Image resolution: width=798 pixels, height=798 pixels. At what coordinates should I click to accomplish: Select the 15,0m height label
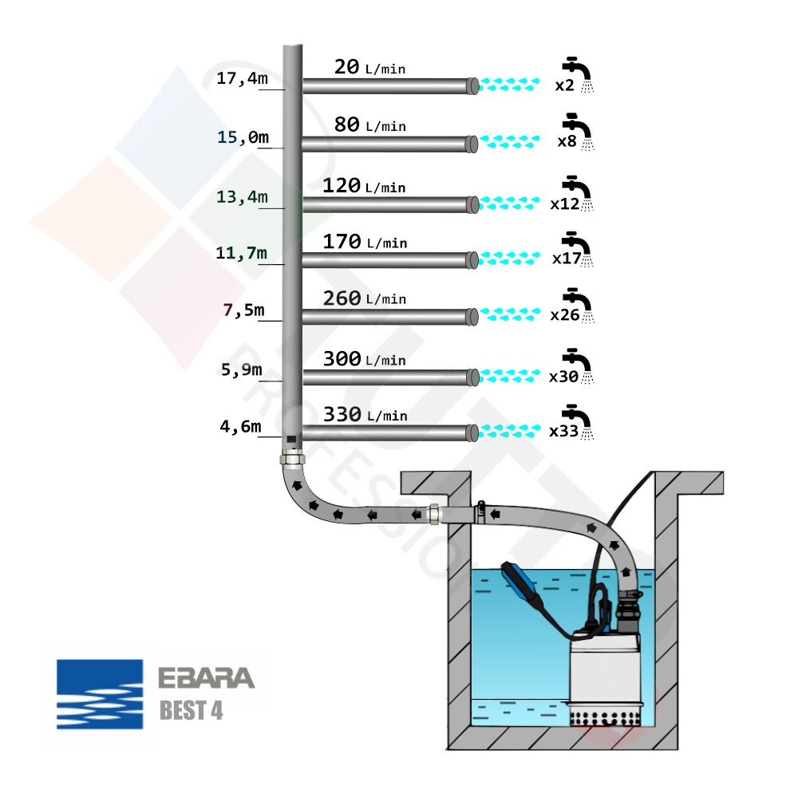[243, 137]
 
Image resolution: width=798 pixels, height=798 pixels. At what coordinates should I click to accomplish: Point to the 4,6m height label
[240, 427]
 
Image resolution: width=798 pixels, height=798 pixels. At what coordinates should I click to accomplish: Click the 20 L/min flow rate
[369, 67]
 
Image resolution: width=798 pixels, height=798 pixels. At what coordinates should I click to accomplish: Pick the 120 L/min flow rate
[364, 186]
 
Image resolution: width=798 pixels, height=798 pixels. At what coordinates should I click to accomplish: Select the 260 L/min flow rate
[364, 298]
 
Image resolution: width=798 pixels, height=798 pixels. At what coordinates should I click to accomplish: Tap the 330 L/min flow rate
[365, 415]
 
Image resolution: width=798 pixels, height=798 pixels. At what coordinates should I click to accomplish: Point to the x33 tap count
[563, 432]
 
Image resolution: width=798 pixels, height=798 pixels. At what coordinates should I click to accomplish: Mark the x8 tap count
[567, 142]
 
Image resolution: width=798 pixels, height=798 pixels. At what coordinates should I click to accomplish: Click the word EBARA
[206, 678]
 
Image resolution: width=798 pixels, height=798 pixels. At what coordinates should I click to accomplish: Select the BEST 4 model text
[191, 710]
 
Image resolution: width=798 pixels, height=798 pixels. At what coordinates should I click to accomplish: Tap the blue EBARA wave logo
[100, 694]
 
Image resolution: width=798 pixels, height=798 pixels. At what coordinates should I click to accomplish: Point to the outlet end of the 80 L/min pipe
[472, 144]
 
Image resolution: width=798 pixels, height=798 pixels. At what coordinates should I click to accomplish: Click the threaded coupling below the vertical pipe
[292, 460]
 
